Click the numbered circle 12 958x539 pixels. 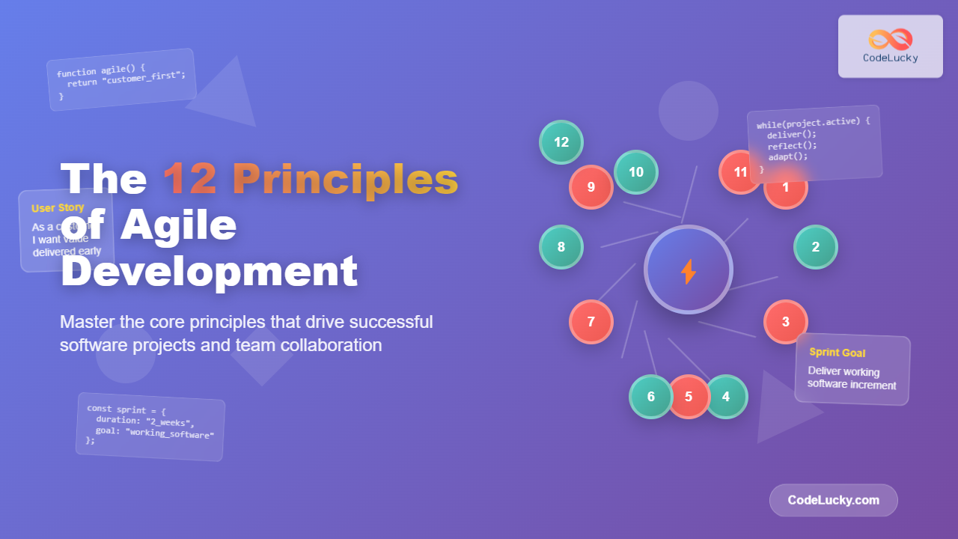coord(561,142)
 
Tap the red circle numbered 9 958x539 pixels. coord(591,187)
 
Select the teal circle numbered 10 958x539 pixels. coord(636,172)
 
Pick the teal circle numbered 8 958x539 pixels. coord(561,247)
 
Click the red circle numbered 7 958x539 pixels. coord(591,322)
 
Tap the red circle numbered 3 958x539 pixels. coord(785,322)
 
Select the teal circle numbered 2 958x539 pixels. coord(815,247)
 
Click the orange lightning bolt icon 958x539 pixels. coord(689,271)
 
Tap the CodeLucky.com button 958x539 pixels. coord(833,500)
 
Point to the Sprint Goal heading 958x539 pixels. coord(837,352)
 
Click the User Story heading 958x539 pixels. coord(58,208)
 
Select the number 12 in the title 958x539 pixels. coord(190,180)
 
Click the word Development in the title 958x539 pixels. coord(209,271)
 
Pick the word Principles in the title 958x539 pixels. coord(345,180)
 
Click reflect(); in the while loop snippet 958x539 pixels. coord(793,145)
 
